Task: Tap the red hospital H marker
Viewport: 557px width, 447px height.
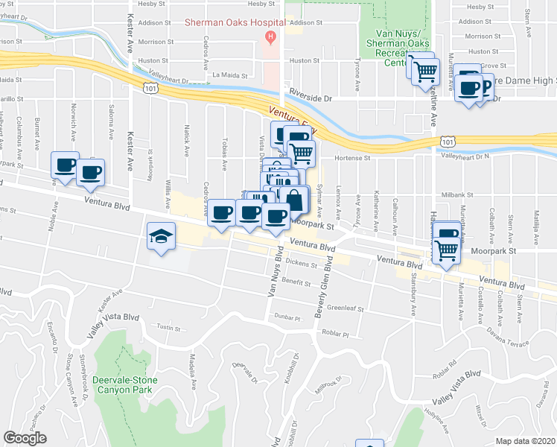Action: (271, 36)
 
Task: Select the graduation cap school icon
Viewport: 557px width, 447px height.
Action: (160, 237)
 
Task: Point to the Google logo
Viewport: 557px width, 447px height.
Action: (25, 438)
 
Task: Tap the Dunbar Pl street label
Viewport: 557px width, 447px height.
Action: (286, 318)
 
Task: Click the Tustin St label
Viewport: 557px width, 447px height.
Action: (169, 327)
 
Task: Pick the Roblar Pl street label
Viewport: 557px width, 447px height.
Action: (336, 335)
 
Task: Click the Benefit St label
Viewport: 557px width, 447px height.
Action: (296, 282)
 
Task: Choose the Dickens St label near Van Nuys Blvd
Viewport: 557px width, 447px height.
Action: (304, 264)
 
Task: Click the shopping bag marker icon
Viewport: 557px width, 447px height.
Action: (294, 200)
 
